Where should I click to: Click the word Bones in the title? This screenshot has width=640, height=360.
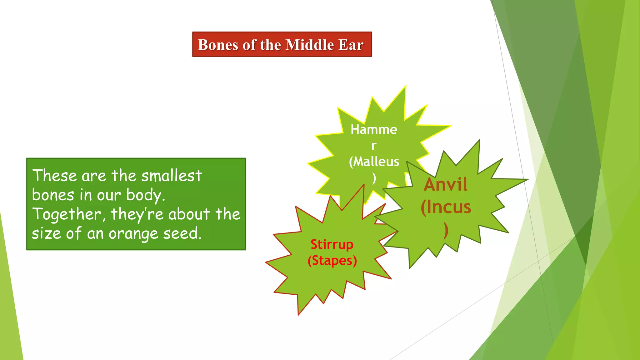click(x=218, y=45)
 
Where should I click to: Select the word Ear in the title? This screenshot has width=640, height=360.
click(x=351, y=45)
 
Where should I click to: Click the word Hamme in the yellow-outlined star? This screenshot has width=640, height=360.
click(x=374, y=129)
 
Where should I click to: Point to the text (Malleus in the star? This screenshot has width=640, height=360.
click(x=374, y=162)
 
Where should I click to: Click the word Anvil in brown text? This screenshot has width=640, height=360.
click(x=446, y=184)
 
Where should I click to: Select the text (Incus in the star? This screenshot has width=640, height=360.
click(x=446, y=207)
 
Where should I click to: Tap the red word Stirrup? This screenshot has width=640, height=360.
click(x=332, y=244)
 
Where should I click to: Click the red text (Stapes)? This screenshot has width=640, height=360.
click(x=332, y=261)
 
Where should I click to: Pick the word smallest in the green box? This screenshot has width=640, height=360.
click(x=172, y=176)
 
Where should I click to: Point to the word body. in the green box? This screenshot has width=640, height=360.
click(x=146, y=195)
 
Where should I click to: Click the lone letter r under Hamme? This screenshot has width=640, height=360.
click(x=374, y=146)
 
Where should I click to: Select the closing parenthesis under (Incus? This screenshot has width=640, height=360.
click(x=446, y=230)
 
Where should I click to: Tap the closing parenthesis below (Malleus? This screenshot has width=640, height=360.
click(x=374, y=178)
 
